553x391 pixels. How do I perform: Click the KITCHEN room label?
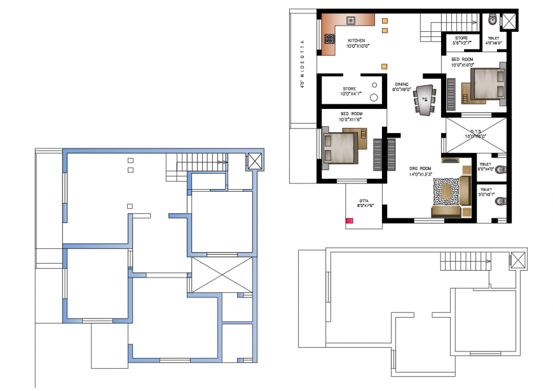pos(356,43)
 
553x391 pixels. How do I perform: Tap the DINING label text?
pos(402,87)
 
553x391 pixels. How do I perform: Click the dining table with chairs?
pos(425,99)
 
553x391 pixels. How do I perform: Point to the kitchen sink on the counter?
pos(351,20)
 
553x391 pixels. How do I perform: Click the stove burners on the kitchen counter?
pos(329,39)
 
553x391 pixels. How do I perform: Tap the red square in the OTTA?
pos(349,221)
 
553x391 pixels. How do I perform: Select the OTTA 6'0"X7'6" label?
pos(364,203)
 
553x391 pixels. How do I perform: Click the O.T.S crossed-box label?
pos(475,133)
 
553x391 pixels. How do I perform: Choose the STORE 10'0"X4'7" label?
pos(350,92)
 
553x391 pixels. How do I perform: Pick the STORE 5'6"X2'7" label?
pos(460,41)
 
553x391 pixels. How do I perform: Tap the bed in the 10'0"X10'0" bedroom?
pos(486,84)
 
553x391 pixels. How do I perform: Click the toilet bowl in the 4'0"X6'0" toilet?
pos(493,20)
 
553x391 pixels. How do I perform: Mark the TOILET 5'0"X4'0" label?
pos(486,167)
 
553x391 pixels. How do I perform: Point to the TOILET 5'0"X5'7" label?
pos(486,192)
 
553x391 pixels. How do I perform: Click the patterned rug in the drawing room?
pos(447,192)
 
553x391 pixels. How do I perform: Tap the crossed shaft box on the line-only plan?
pos(518,260)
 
